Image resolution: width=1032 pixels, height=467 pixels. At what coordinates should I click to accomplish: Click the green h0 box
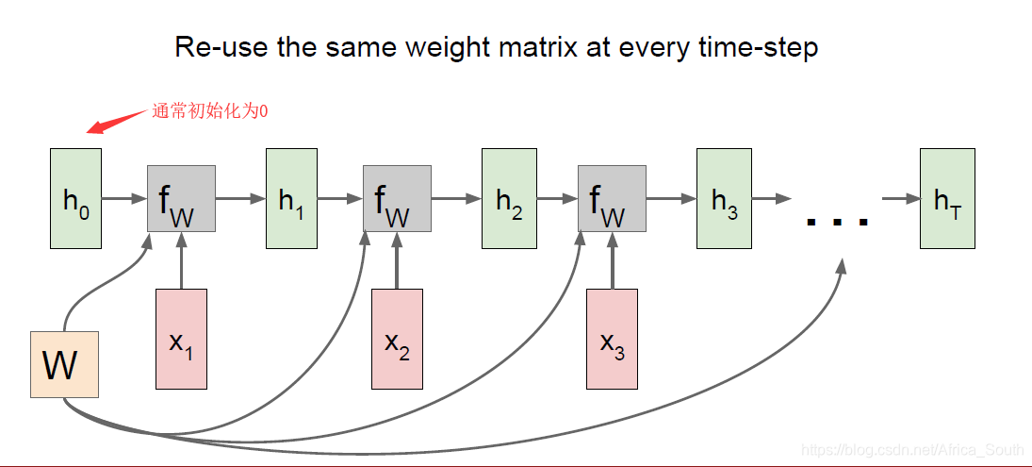(x=75, y=198)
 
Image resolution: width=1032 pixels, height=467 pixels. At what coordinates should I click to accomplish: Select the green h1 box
(x=291, y=198)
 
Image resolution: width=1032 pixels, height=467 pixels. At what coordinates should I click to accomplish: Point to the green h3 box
(x=723, y=198)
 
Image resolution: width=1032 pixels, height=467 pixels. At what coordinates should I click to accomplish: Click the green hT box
(x=947, y=198)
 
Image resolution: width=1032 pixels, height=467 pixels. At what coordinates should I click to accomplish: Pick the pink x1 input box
(x=181, y=339)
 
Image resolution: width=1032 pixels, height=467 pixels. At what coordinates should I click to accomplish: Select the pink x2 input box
(x=397, y=339)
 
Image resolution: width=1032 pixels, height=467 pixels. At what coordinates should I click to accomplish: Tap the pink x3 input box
(x=612, y=339)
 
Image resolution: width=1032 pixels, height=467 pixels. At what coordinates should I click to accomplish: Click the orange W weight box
(x=64, y=364)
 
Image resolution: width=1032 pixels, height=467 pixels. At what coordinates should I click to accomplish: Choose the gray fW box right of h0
(x=181, y=198)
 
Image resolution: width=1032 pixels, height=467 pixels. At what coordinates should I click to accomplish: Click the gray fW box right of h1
(x=397, y=198)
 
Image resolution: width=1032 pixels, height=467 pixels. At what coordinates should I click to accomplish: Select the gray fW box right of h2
(x=612, y=198)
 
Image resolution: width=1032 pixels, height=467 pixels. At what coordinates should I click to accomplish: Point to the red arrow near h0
(x=116, y=122)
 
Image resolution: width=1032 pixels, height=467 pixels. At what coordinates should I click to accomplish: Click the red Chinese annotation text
(x=210, y=111)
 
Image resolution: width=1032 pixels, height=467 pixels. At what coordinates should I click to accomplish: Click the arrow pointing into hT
(x=900, y=198)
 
